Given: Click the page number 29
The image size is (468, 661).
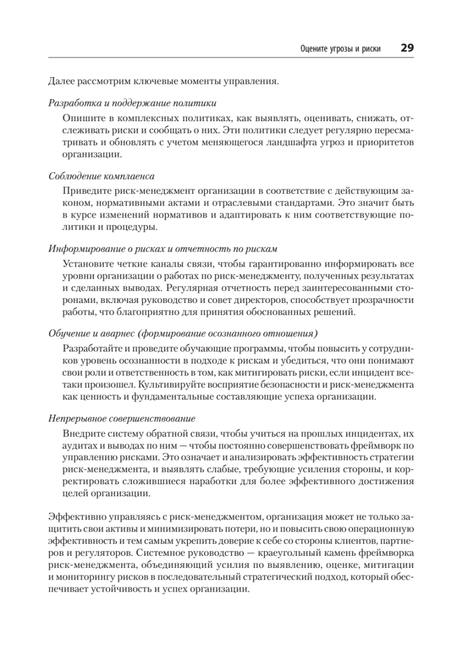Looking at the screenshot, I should coord(407,48).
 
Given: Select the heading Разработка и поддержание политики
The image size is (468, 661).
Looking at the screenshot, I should coord(132,103).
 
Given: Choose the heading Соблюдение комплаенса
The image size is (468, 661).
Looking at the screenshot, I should coord(101,176).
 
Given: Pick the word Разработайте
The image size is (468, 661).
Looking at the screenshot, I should coord(94,348).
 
